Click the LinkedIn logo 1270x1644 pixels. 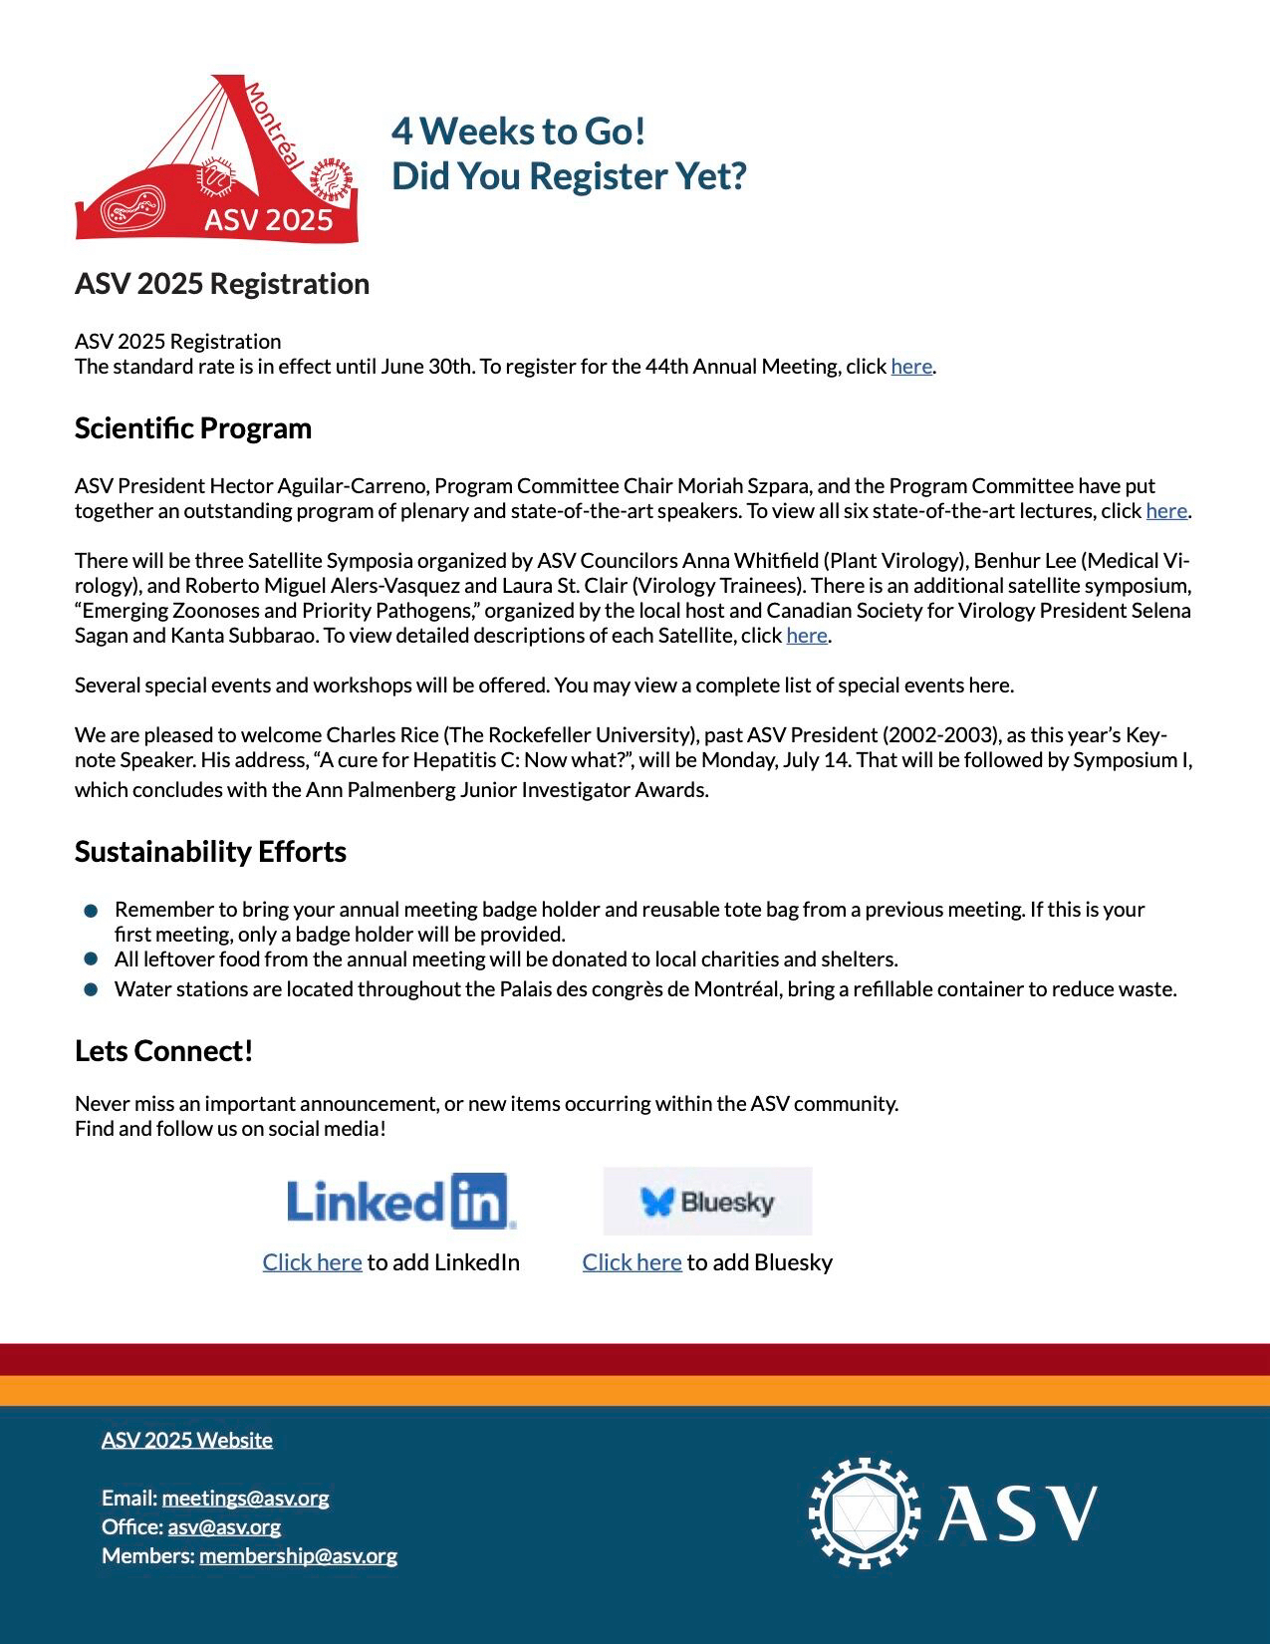point(400,1201)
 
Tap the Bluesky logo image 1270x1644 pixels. point(707,1202)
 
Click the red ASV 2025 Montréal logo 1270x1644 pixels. point(217,159)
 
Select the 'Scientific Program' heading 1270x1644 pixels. point(193,428)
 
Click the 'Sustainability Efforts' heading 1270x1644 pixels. point(210,852)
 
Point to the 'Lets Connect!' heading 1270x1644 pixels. point(164,1051)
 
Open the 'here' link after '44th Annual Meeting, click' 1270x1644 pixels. point(910,367)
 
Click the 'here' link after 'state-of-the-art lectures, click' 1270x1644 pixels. point(1165,511)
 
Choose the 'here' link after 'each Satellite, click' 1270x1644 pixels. point(806,636)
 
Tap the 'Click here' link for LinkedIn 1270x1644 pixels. point(312,1262)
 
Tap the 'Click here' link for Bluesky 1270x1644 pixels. point(632,1262)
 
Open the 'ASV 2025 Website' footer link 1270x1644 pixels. point(187,1440)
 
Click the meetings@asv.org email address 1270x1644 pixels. point(245,1498)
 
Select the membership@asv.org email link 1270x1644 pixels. point(298,1555)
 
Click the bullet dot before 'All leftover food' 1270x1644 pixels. point(92,959)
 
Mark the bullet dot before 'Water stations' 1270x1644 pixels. point(92,989)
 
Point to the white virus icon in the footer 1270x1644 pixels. point(864,1512)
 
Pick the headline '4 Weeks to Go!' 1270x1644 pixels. point(519,131)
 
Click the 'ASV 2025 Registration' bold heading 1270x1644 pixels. point(222,284)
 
